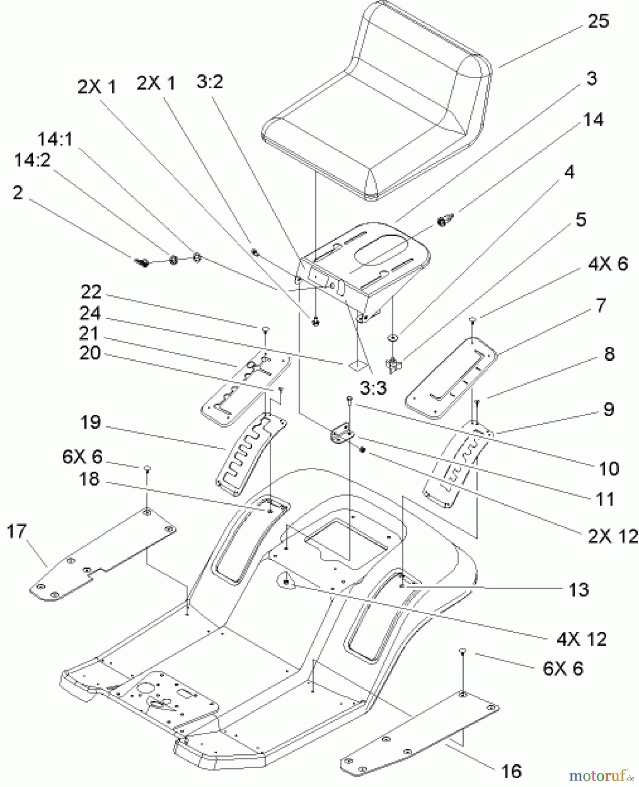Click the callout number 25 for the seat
pyautogui.click(x=598, y=21)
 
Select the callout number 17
pyautogui.click(x=17, y=532)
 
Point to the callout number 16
pyautogui.click(x=511, y=771)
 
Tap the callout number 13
pyautogui.click(x=579, y=589)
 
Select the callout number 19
pyautogui.click(x=90, y=422)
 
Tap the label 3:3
pyautogui.click(x=373, y=387)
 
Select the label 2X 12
pyautogui.click(x=612, y=536)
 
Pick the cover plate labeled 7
pyautogui.click(x=450, y=378)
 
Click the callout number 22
pyautogui.click(x=91, y=292)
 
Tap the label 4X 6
pyautogui.click(x=608, y=264)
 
